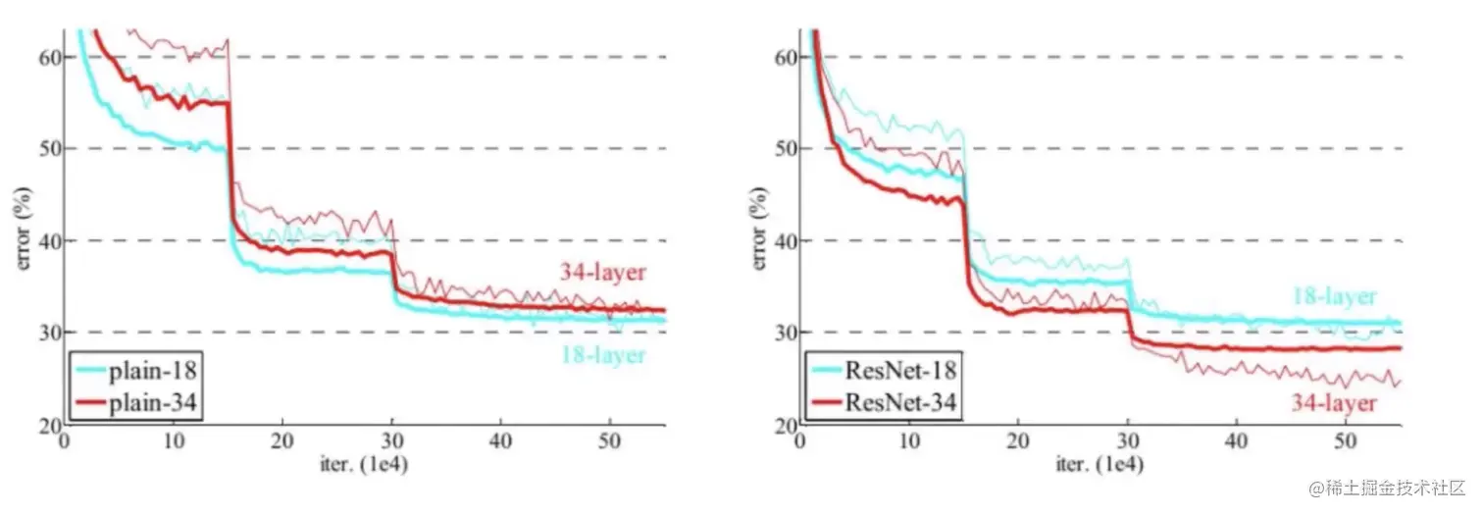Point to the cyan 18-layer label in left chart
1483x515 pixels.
click(x=602, y=354)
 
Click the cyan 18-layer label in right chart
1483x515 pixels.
click(x=1334, y=296)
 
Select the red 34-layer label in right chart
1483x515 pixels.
click(x=1334, y=402)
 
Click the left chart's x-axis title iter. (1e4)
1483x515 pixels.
click(x=364, y=463)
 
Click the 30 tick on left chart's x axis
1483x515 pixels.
click(x=391, y=440)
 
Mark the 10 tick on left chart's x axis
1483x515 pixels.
click(x=174, y=440)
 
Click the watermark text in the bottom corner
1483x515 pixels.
click(x=1383, y=488)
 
